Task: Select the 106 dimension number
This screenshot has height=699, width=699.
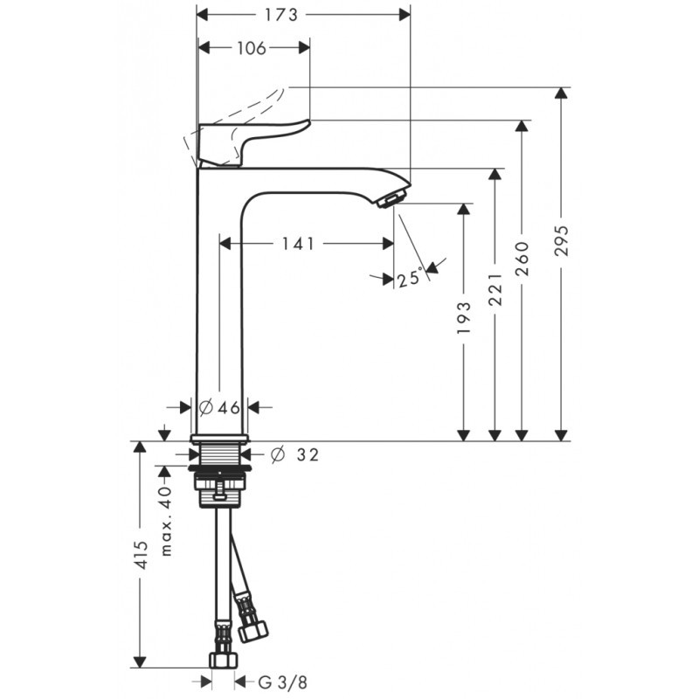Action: click(251, 48)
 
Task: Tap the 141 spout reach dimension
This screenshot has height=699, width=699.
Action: click(297, 245)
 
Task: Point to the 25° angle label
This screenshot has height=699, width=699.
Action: click(409, 278)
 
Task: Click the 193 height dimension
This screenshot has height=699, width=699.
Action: click(463, 319)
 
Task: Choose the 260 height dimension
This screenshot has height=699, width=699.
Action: click(523, 260)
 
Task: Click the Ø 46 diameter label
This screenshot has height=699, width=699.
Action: click(218, 407)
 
